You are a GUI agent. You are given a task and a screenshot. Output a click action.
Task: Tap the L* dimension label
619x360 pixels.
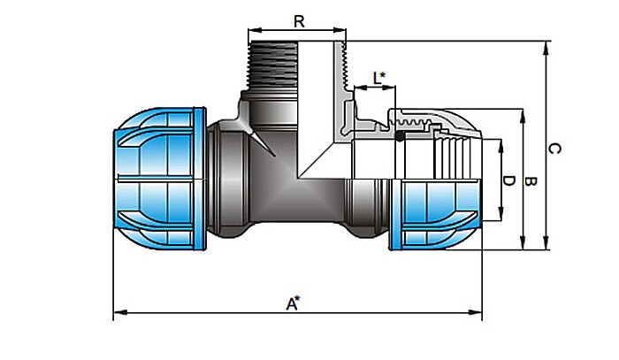378,78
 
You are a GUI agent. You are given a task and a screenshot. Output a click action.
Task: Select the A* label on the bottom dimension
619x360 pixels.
293,303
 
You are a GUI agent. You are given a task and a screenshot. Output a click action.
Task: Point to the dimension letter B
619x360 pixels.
530,181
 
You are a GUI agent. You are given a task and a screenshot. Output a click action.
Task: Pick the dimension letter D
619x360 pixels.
508,180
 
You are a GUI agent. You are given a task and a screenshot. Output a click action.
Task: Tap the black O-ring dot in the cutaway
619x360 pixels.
400,136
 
